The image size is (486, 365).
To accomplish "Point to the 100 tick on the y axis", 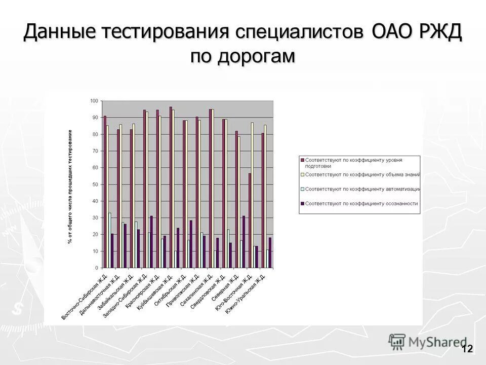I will [94, 101].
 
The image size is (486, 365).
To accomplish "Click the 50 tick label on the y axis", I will [95, 185].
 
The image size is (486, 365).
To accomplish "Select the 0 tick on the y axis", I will [96, 268].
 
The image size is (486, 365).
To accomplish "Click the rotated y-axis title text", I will [70, 187].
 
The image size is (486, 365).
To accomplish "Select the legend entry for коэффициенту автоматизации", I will [362, 189].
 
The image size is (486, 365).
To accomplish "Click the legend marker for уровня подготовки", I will [303, 160].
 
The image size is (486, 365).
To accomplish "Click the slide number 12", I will [467, 349].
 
